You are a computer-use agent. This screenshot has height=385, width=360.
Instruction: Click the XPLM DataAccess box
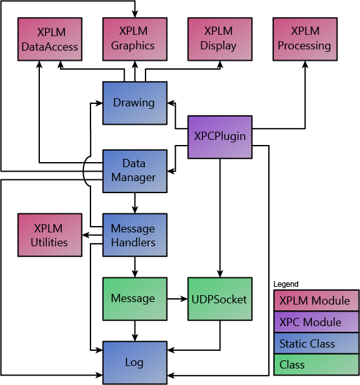(50, 39)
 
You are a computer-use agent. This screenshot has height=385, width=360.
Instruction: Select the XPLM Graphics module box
(134, 39)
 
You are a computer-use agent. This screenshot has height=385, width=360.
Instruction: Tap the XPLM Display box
(219, 39)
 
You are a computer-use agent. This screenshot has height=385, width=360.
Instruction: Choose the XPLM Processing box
(304, 39)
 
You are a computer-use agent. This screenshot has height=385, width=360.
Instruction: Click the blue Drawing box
(134, 103)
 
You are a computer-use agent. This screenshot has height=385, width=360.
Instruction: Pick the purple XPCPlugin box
(220, 136)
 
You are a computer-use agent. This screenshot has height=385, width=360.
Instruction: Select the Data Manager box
(134, 170)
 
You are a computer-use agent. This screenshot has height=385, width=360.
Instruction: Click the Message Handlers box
(134, 235)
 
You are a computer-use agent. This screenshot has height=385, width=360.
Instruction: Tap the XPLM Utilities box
(50, 235)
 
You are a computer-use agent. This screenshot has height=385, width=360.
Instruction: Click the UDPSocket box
(219, 298)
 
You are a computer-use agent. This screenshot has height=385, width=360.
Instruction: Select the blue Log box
(134, 362)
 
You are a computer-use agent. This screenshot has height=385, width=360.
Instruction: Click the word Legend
(286, 284)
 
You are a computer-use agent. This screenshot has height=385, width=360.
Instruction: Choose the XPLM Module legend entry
(314, 301)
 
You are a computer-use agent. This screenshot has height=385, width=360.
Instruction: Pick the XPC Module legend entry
(314, 322)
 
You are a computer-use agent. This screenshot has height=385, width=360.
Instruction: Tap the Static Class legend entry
(314, 344)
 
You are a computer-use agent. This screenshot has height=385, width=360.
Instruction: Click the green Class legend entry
(314, 365)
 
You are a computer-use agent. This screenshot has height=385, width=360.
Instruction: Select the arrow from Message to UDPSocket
(177, 298)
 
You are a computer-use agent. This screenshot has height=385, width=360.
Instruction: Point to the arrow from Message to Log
(134, 330)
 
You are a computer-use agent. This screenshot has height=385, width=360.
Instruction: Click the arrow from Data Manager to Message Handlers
(134, 203)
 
